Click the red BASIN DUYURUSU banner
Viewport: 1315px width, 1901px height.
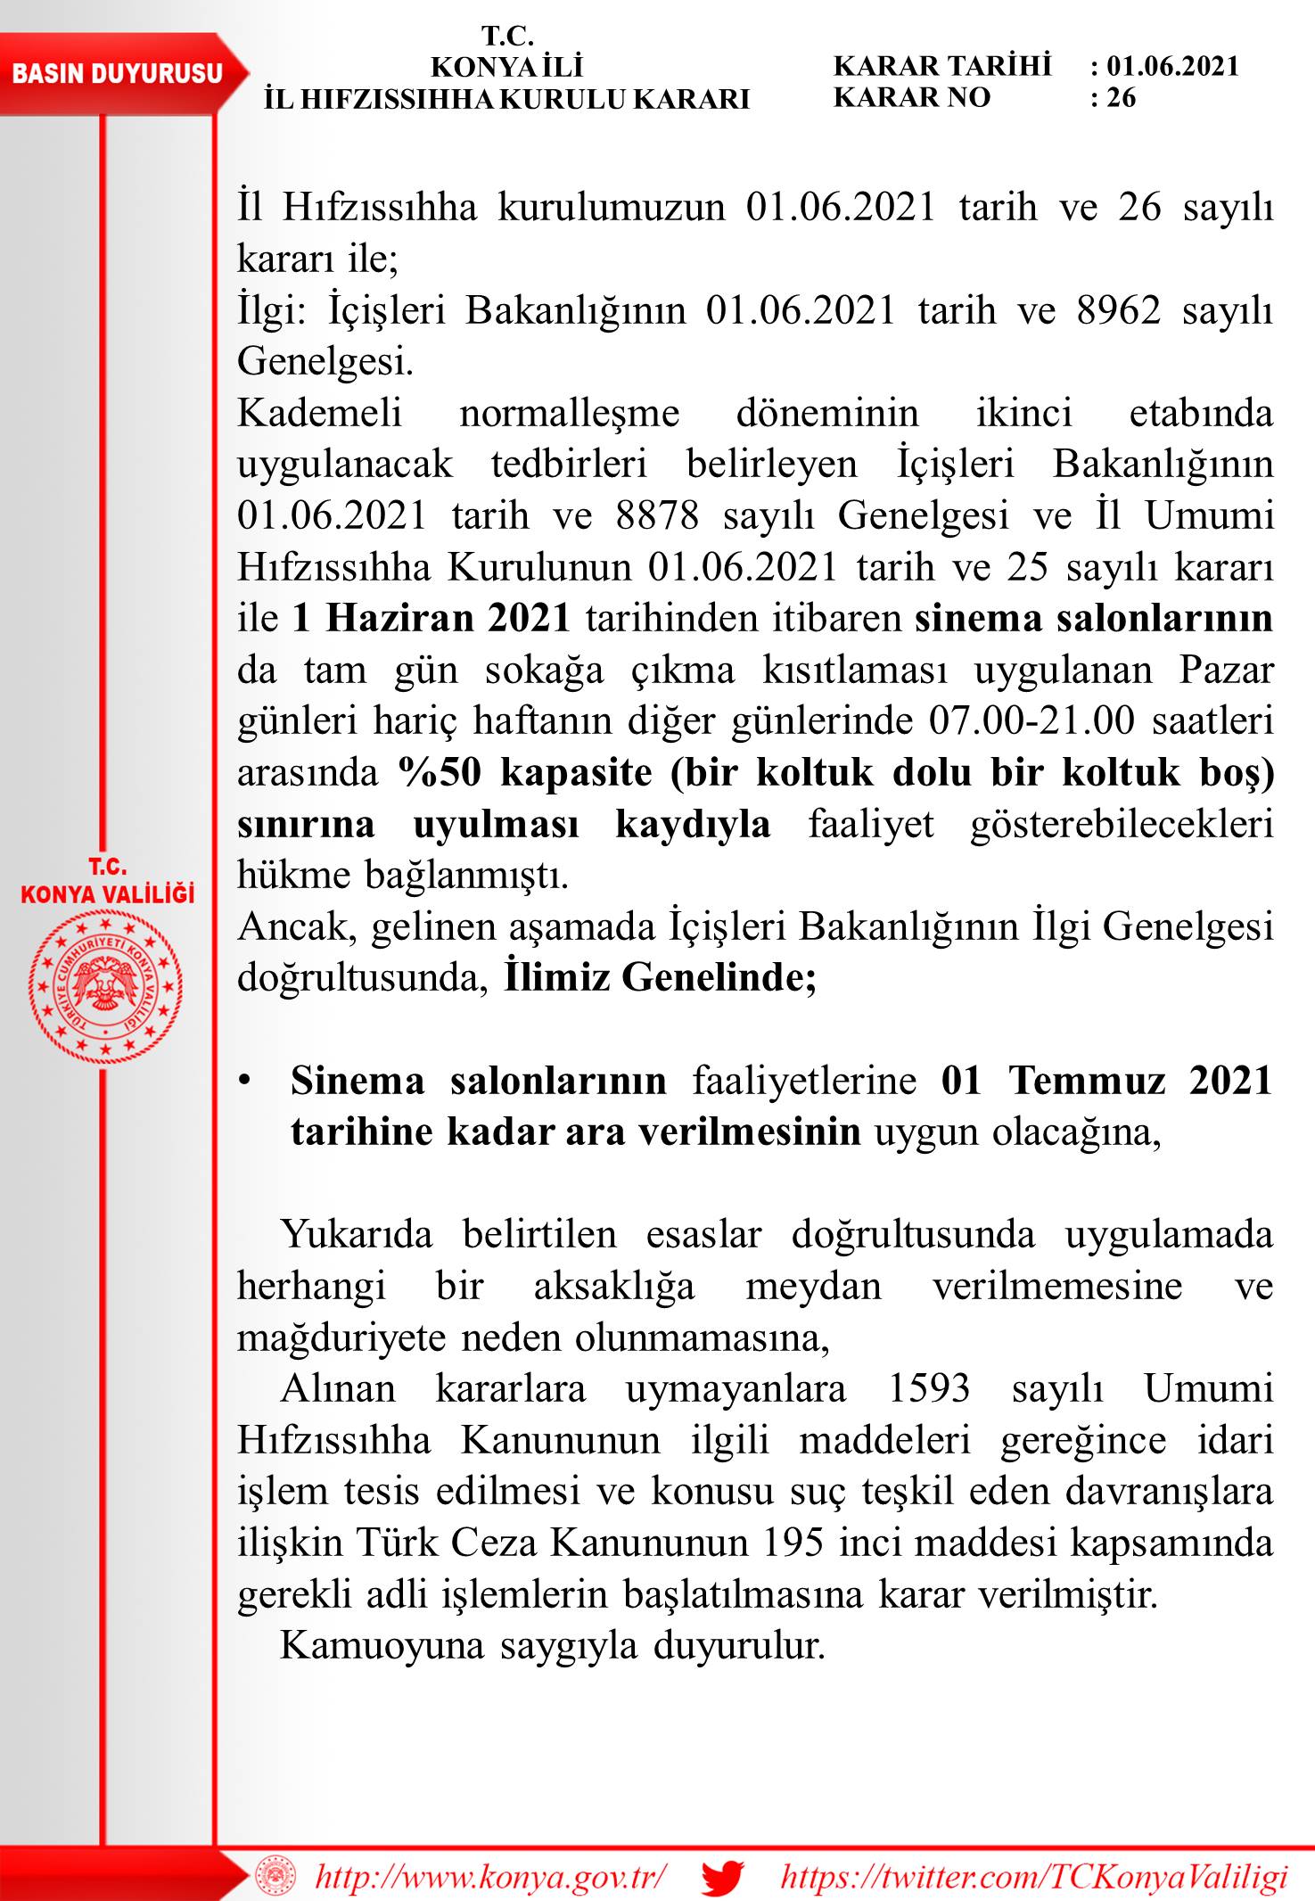tap(117, 73)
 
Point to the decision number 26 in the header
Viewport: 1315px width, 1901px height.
tap(1121, 97)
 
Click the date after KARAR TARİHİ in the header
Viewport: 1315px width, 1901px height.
tap(1172, 66)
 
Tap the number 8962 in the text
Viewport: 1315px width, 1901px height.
tap(1119, 310)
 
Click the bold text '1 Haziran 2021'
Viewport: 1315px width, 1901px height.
tap(431, 618)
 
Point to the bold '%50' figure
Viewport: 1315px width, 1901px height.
tap(440, 772)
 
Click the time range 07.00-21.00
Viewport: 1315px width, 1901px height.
tap(1031, 720)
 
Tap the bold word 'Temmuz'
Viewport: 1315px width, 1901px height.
tap(1087, 1081)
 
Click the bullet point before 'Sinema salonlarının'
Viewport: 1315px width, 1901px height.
tap(242, 1082)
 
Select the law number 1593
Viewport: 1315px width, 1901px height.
tap(929, 1388)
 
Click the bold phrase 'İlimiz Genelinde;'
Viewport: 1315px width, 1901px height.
tap(660, 978)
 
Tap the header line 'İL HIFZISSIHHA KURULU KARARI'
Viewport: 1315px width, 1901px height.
tap(506, 98)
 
